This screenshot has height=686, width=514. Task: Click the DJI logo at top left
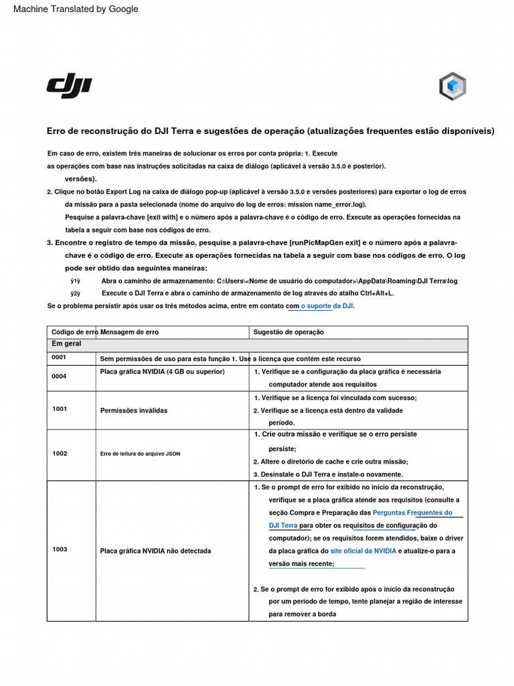click(69, 87)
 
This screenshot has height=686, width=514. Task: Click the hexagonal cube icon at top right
click(452, 86)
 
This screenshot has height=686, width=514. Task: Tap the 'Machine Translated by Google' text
click(76, 9)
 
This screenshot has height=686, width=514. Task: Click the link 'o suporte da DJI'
click(327, 305)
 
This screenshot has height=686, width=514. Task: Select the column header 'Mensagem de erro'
click(129, 332)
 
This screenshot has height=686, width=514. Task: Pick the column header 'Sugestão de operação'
click(288, 332)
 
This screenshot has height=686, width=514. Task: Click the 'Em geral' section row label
click(66, 344)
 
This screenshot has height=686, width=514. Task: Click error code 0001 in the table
click(59, 358)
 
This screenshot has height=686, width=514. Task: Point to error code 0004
click(59, 376)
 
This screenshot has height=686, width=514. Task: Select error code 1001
click(59, 409)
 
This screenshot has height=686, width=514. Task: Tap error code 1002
click(60, 454)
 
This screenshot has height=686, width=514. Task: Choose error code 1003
click(60, 549)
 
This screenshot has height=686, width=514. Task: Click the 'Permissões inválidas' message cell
click(134, 411)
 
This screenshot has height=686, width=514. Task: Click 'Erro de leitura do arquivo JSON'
click(140, 454)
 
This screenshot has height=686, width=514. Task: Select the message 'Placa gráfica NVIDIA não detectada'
click(155, 551)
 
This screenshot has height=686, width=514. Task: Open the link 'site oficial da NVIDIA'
click(363, 551)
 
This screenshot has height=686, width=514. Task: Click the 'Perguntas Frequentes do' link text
click(412, 512)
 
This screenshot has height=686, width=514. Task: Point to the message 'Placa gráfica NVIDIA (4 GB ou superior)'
click(162, 371)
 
